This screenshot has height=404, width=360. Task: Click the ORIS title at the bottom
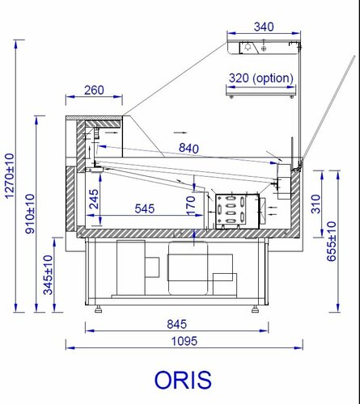point(183,380)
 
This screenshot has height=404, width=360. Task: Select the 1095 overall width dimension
point(184,341)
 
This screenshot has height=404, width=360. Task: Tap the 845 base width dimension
point(177,324)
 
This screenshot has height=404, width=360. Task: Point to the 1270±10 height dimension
point(10,176)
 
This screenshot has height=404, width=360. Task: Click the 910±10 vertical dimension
point(30,213)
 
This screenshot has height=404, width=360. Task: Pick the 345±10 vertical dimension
point(49,275)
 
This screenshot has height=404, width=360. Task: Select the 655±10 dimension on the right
point(332,242)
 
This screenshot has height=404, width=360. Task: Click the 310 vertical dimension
point(316,204)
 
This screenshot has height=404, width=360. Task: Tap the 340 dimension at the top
point(264,27)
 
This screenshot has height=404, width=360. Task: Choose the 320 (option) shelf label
point(261,78)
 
